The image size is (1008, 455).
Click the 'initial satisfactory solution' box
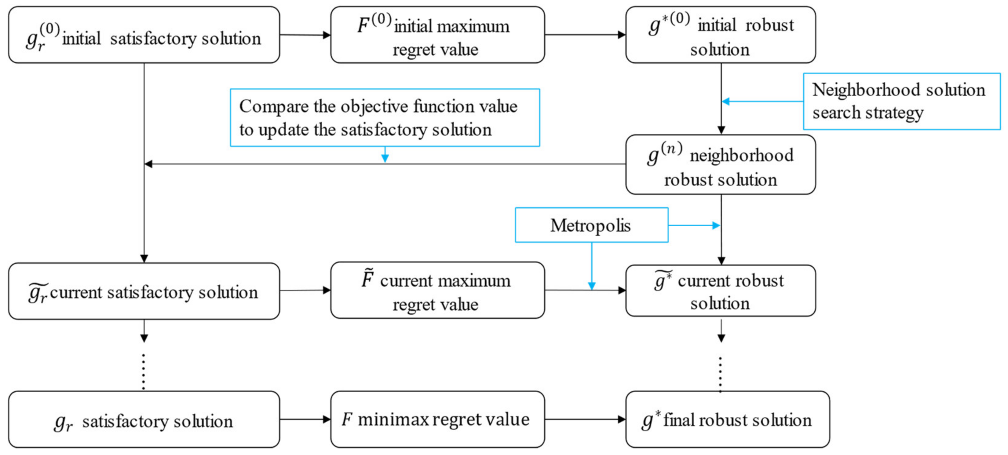(144, 35)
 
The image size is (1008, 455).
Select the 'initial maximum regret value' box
(437, 35)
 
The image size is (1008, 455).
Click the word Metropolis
(590, 226)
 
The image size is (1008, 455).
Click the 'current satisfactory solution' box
(144, 291)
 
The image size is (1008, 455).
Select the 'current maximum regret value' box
(437, 290)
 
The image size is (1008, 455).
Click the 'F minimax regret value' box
(437, 419)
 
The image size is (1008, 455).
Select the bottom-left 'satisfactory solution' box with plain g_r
(144, 419)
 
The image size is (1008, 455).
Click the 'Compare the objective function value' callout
(385, 117)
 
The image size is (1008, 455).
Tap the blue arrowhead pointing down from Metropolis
(592, 286)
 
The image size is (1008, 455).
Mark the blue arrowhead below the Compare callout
(385, 158)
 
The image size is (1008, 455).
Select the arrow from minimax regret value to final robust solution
(585, 419)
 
